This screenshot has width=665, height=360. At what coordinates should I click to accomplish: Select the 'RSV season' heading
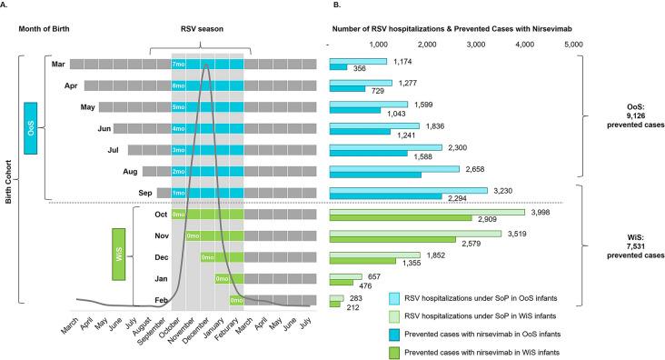(206, 27)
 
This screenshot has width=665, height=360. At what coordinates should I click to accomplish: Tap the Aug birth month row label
(127, 170)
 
